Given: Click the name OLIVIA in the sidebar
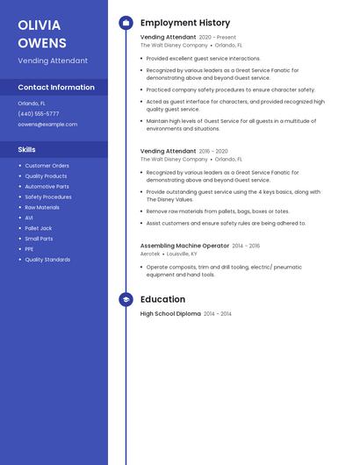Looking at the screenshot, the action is pos(40,25).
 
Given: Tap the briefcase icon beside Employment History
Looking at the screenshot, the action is pos(126,23).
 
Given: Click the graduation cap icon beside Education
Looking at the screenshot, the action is pos(126,299).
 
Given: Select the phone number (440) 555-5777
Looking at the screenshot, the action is pos(39,113).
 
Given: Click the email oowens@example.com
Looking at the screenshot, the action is pos(47,124).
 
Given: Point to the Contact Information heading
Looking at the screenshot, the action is pos(56,87).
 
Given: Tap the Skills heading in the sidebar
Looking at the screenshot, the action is pos(27,149).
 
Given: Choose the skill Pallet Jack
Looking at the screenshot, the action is pos(39,228).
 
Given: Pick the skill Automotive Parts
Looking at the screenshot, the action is pos(47,186).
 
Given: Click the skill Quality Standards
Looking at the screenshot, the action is pos(47,259).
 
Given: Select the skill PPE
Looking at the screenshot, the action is pos(29,248).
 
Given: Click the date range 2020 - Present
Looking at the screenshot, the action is pos(218,38).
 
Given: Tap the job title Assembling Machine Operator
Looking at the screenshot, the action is pos(184,246).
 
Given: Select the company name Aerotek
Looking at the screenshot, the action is pos(150,254).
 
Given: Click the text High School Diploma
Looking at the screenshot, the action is pos(170,313).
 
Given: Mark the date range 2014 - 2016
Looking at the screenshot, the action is pos(246,246).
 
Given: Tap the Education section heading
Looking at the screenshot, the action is pos(162,299).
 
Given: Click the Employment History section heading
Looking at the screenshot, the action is pos(185,23).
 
